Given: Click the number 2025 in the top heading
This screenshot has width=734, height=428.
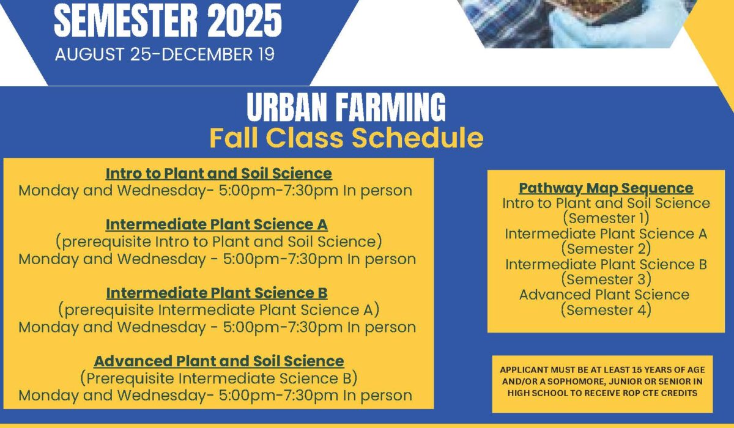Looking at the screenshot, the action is tap(245, 20).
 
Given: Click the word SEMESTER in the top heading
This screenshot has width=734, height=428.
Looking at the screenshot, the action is tap(126, 20).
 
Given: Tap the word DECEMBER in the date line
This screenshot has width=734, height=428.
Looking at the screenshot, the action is tap(207, 54).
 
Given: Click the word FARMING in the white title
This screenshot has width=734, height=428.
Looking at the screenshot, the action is tap(391, 107).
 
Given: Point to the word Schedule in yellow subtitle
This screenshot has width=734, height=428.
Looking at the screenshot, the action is tap(417, 138).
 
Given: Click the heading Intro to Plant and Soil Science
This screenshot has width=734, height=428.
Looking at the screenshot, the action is tap(218, 174).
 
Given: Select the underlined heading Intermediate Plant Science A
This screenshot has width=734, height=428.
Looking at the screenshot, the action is tap(217, 224).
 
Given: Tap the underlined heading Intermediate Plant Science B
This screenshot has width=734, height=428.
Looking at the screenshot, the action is tap(217, 293).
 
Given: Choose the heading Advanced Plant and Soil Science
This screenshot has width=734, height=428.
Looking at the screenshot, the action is tap(219, 361).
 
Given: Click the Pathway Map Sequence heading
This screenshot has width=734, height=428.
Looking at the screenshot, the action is tap(606, 188).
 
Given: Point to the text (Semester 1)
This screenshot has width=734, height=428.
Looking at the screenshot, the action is tap(606, 218).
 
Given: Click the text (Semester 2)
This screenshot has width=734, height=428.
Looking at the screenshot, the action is tap(606, 249).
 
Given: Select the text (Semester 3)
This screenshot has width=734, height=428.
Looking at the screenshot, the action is tap(606, 279).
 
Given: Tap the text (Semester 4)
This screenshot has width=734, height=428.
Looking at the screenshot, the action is tap(606, 310).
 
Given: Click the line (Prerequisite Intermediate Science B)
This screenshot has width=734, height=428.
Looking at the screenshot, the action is tap(218, 378).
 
